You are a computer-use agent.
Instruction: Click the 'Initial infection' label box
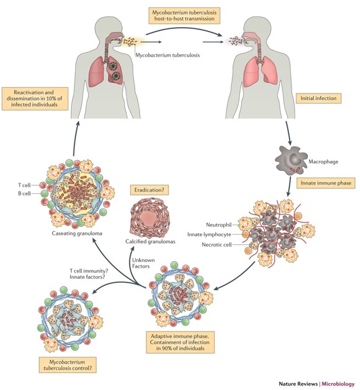[x=317, y=98]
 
